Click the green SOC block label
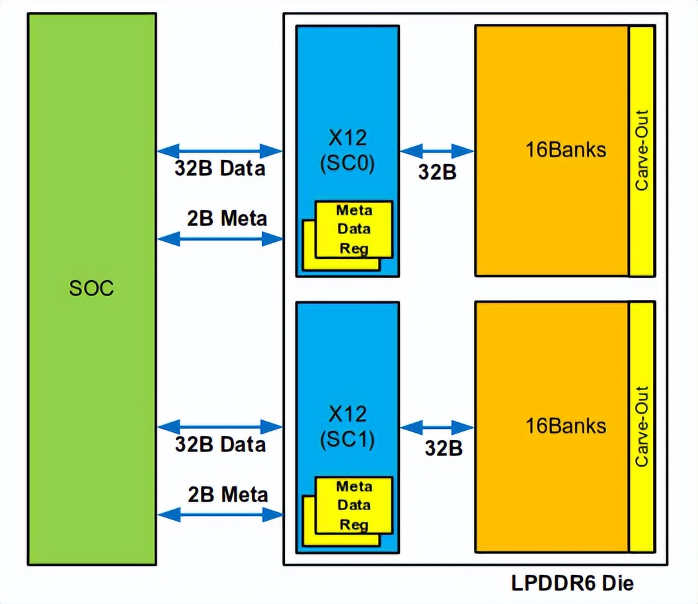tap(91, 289)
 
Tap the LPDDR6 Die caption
tap(572, 584)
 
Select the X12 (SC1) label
tap(347, 426)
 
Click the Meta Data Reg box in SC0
tap(354, 229)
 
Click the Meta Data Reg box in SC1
tap(354, 506)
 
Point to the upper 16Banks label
tap(565, 149)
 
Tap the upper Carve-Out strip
tap(641, 151)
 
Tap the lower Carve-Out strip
tap(641, 427)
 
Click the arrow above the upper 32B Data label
tap(219, 150)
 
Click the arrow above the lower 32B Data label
tap(219, 426)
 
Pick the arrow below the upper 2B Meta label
tap(219, 239)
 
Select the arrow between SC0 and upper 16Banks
tap(437, 151)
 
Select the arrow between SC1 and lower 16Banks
tap(437, 427)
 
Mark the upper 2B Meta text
tap(227, 218)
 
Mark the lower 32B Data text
tap(220, 444)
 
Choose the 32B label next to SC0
tap(437, 172)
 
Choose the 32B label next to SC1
tap(443, 448)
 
